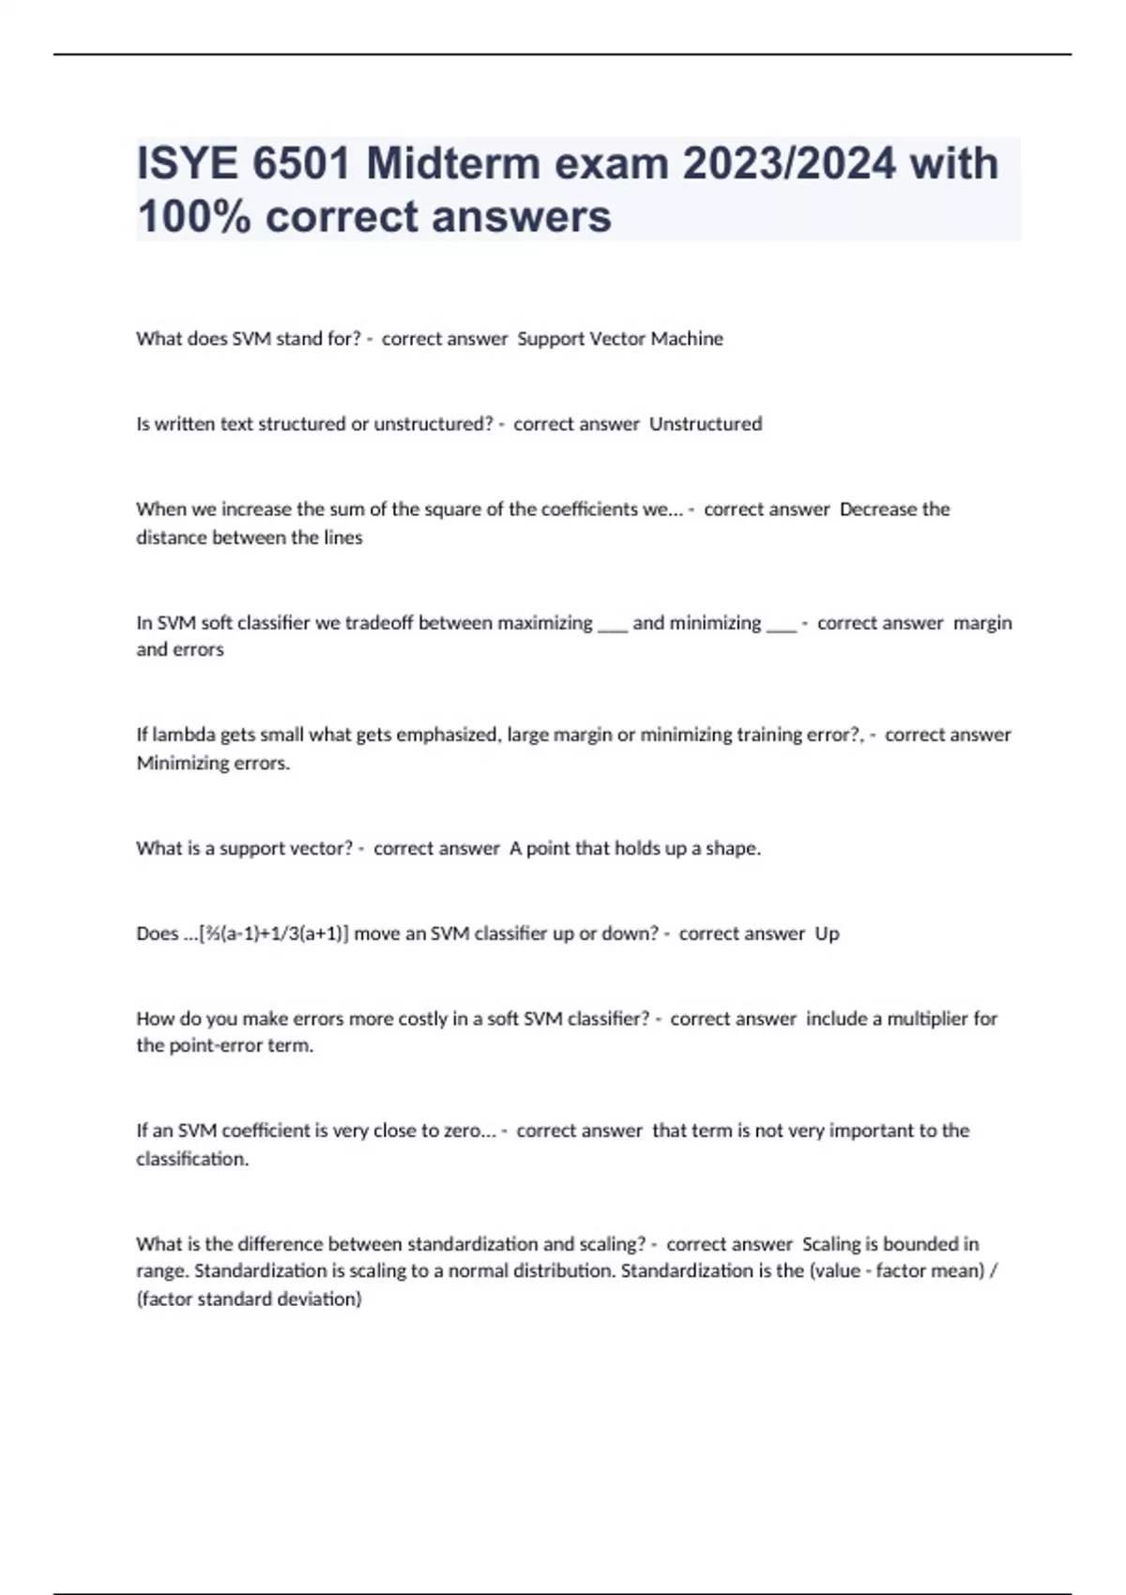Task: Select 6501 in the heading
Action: click(300, 164)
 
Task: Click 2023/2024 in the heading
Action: click(788, 164)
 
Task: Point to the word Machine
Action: click(687, 339)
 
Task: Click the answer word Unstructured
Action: click(706, 424)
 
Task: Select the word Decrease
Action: click(877, 509)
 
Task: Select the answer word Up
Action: click(827, 934)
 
